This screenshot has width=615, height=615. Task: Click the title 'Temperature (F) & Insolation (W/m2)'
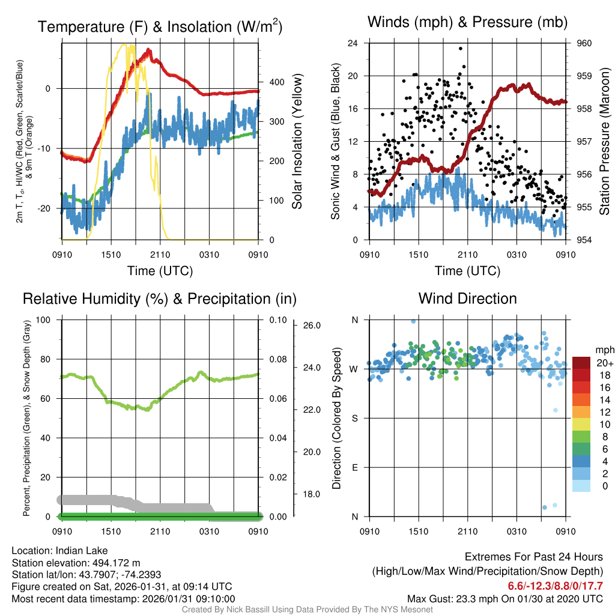160,27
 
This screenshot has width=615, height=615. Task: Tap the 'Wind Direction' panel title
467,298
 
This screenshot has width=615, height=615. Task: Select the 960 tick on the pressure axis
584,43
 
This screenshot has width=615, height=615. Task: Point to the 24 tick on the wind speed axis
353,43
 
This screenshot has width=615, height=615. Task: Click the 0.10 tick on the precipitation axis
276,320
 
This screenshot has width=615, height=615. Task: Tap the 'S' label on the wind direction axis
354,418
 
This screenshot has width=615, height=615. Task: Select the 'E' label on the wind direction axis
354,467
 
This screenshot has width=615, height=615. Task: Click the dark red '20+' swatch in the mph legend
583,363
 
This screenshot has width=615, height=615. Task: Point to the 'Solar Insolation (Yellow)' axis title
297,141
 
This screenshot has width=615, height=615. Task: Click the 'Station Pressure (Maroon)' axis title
605,142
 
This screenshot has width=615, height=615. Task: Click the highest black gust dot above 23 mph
461,49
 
